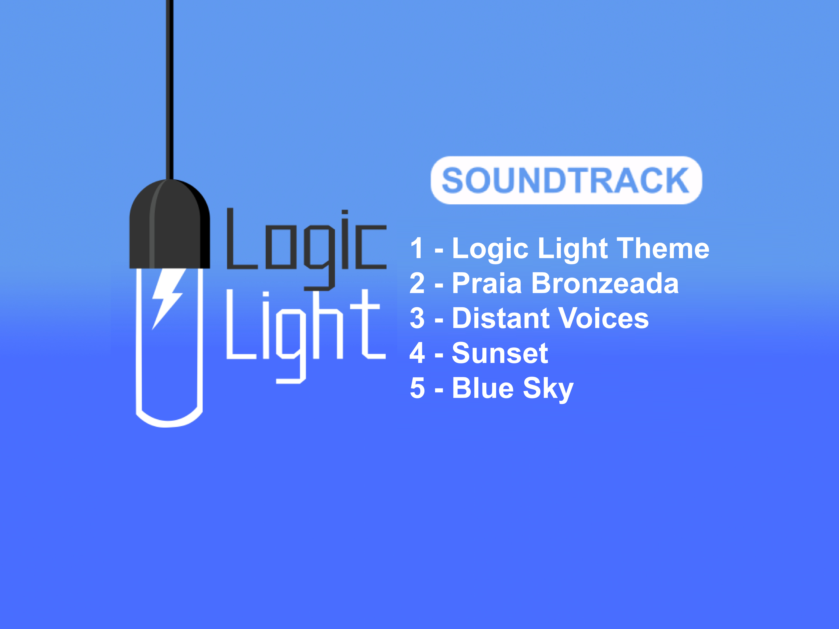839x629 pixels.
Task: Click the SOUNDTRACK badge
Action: [x=566, y=180]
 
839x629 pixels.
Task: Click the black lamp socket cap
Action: [x=170, y=224]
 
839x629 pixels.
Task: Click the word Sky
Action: [x=548, y=390]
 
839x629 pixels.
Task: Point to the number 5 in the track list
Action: [x=417, y=388]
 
